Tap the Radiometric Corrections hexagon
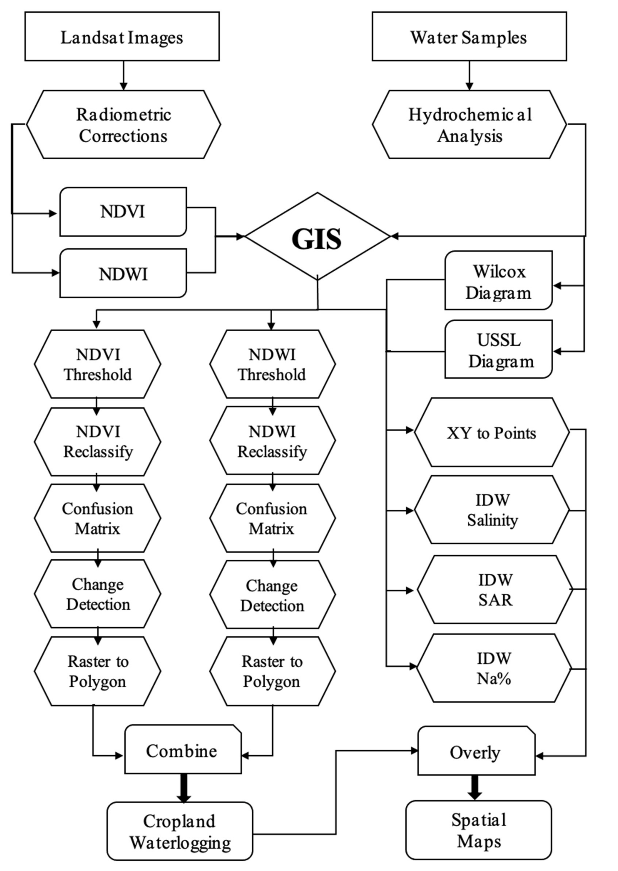[123, 125]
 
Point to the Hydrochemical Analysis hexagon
[469, 125]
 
